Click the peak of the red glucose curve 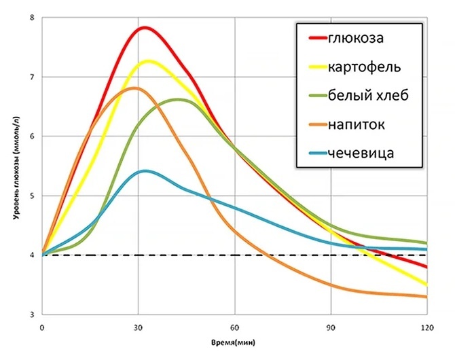(x=145, y=28)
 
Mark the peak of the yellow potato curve (x=148, y=61)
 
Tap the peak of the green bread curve (x=179, y=99)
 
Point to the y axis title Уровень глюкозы (x=14, y=166)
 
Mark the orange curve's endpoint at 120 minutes (x=426, y=297)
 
